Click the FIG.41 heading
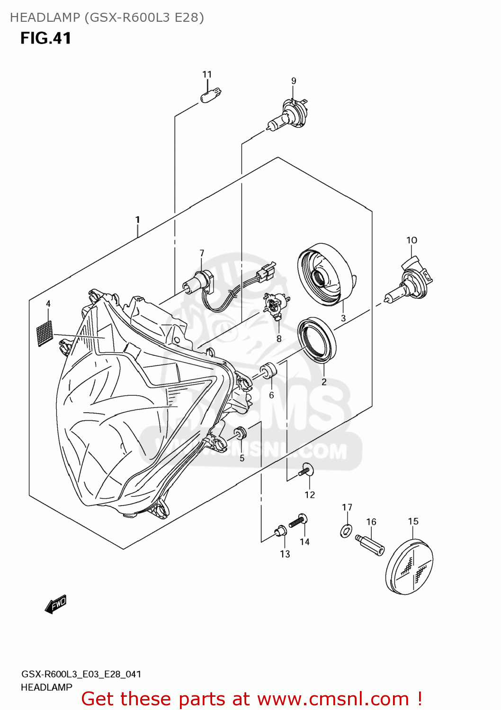(45, 38)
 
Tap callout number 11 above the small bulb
(207, 74)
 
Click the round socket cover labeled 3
(325, 274)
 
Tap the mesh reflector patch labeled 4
(45, 333)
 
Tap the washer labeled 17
(346, 531)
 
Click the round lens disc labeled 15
(410, 566)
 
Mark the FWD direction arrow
(56, 604)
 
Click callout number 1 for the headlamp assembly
(137, 220)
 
